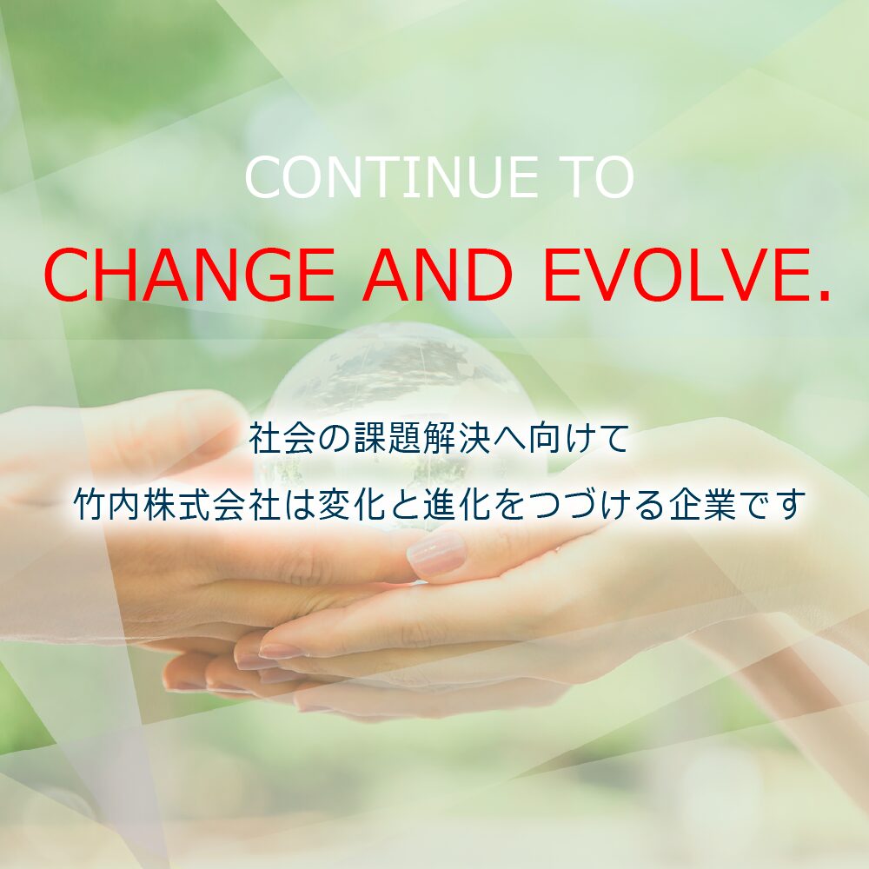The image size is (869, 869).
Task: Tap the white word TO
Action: tap(598, 176)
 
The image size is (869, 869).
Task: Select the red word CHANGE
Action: tap(189, 275)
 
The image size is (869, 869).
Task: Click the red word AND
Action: tap(438, 275)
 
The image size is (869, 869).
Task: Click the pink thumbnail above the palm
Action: tap(436, 553)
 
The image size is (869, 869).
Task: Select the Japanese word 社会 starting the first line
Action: tap(282, 438)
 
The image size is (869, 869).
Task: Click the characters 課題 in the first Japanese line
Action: tap(388, 438)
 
